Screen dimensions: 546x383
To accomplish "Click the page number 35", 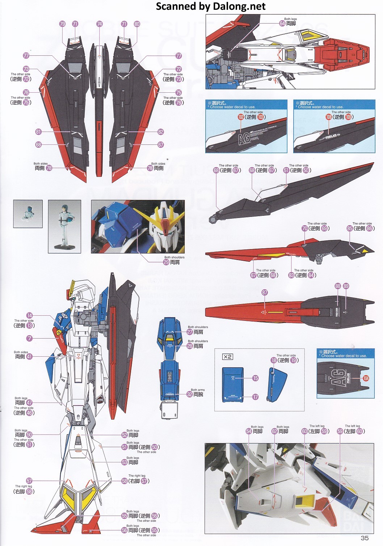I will tap(365, 538).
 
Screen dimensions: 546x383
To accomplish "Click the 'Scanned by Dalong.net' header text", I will tap(210, 6).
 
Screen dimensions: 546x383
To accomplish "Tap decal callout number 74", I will tap(100, 24).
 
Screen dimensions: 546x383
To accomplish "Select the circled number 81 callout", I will tap(38, 132).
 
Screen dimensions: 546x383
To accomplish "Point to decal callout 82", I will tap(161, 132).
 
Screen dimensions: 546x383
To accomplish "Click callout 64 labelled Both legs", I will tap(282, 23).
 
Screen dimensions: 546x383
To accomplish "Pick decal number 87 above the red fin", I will tap(265, 292).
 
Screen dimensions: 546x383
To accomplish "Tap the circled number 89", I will tap(346, 286).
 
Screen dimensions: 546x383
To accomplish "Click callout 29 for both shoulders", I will tap(166, 262).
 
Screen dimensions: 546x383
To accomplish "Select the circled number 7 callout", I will tap(29, 338).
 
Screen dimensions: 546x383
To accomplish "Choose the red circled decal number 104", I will tap(366, 378).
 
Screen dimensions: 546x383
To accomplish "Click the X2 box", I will tap(227, 357).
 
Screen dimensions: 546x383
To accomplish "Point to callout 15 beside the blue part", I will tap(256, 378).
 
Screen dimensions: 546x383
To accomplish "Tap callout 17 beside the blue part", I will tap(256, 397).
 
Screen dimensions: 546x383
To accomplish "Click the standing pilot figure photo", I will tap(64, 226).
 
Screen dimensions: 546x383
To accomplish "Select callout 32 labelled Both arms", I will tap(190, 394).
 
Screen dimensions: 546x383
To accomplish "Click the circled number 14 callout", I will tap(29, 315).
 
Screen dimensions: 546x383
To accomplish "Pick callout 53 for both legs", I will tap(125, 462).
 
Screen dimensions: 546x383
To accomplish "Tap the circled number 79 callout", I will tap(62, 24).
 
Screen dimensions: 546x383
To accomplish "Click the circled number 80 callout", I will tap(137, 24).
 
